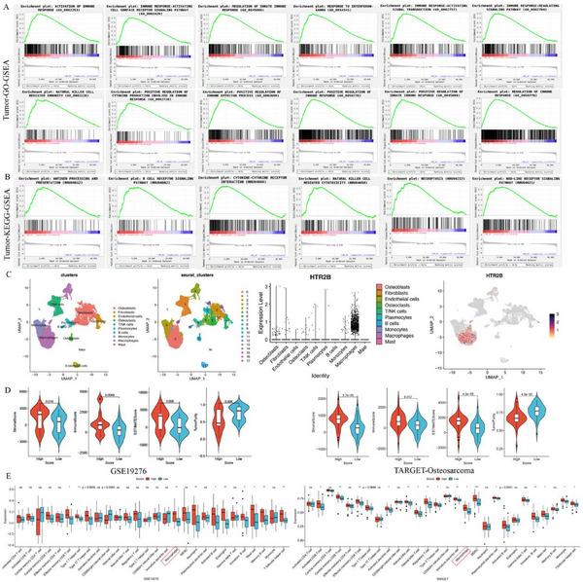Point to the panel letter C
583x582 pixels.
click(x=8, y=275)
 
